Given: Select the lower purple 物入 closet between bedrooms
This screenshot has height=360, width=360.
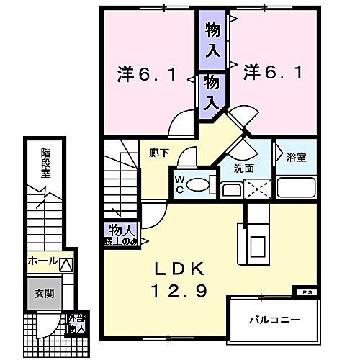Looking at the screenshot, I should tap(212, 91).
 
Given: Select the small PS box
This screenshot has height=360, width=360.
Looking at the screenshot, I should tap(305, 292).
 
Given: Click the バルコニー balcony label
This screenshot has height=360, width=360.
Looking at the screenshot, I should tap(274, 318).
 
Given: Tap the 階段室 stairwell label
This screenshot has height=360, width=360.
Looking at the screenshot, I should tap(45, 163).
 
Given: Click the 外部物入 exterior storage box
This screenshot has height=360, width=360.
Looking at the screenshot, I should tap(76, 323).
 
